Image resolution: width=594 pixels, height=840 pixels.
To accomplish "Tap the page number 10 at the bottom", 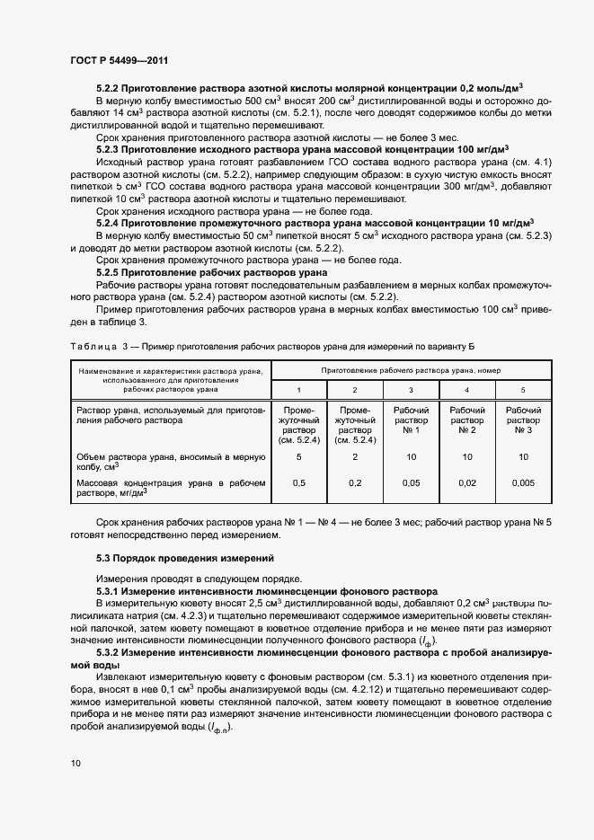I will pyautogui.click(x=75, y=764).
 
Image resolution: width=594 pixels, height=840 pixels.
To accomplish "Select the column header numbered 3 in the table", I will pyautogui.click(x=411, y=389).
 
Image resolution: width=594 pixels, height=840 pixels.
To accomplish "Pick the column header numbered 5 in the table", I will pyautogui.click(x=523, y=389).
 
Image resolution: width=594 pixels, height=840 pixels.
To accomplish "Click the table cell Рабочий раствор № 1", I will pyautogui.click(x=411, y=420).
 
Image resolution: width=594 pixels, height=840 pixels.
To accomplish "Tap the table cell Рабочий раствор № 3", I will pyautogui.click(x=523, y=420).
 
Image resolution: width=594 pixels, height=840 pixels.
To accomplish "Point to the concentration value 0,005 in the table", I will pyautogui.click(x=523, y=483).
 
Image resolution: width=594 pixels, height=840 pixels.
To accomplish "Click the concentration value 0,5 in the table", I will pyautogui.click(x=299, y=483).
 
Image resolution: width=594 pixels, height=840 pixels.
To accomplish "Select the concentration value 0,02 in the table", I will pyautogui.click(x=466, y=483).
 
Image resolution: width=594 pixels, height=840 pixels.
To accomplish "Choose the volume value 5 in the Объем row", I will pyautogui.click(x=299, y=456).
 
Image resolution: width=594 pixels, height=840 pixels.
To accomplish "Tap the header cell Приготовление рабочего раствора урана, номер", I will pyautogui.click(x=411, y=370).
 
